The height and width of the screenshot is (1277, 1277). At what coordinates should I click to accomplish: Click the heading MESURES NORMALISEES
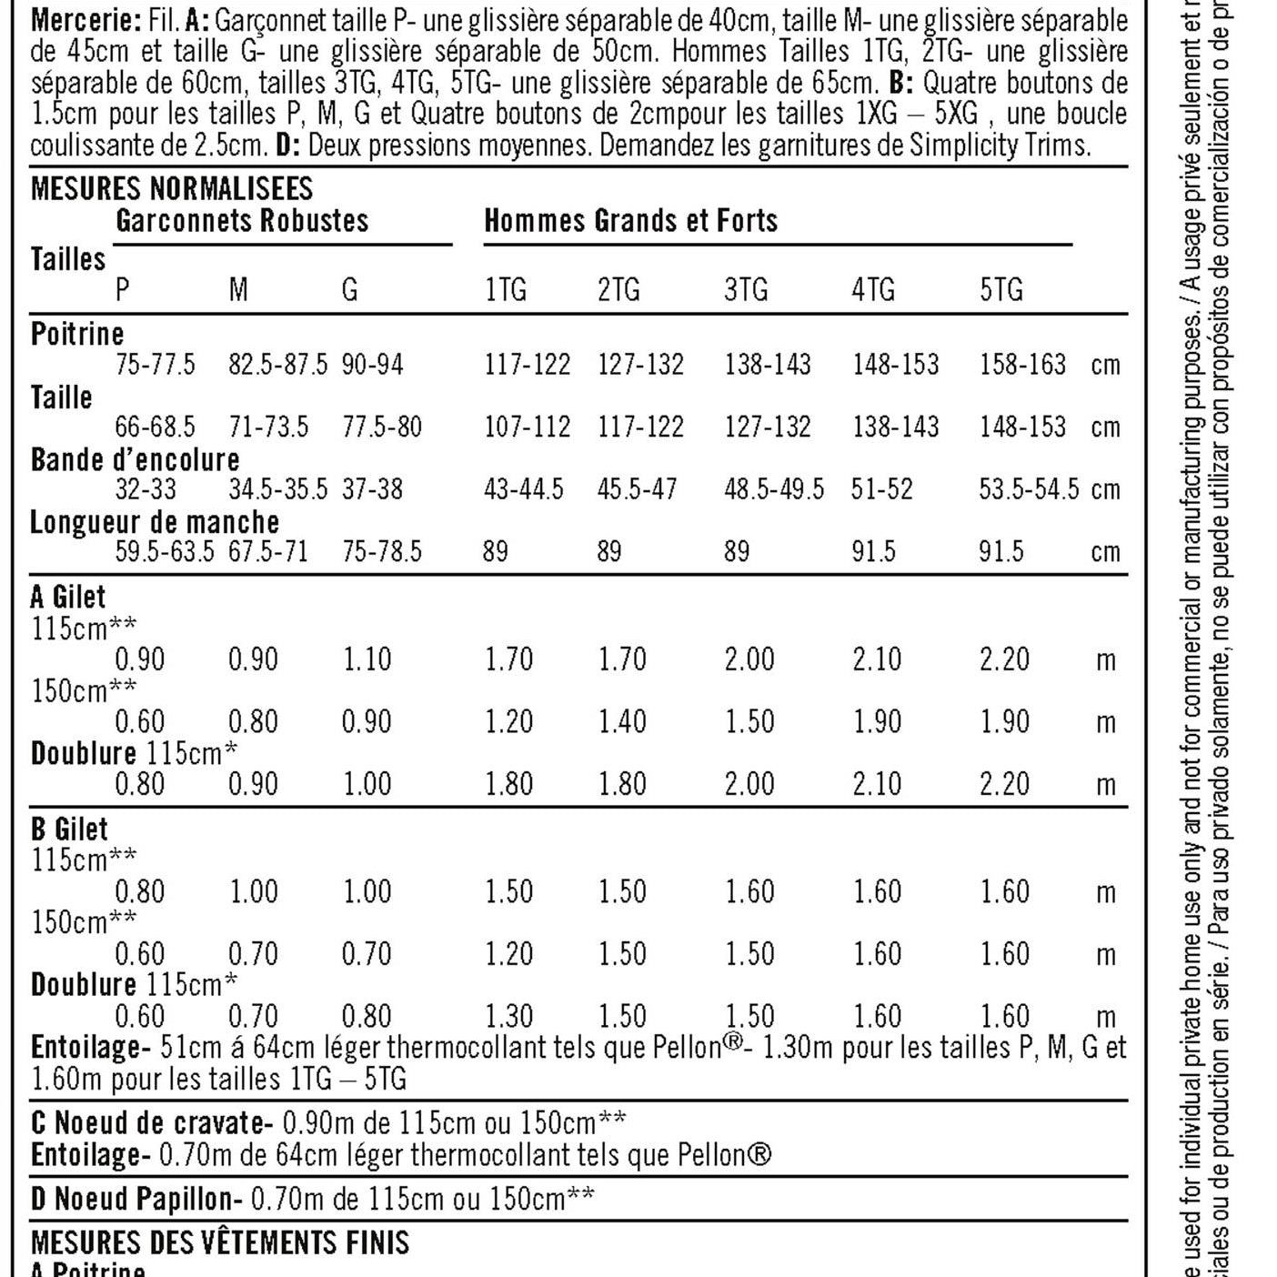coord(171,188)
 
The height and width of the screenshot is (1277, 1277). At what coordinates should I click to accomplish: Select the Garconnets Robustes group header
coord(242,221)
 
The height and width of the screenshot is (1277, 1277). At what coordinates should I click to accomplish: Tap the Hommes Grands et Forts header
coord(630,221)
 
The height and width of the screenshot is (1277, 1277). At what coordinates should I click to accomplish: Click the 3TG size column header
coord(746,290)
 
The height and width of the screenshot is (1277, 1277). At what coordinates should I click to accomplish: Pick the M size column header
coord(237,290)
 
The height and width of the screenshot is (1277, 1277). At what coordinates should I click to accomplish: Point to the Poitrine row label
coord(77,334)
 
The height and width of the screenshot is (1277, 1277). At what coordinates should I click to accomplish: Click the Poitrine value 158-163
coord(1022,365)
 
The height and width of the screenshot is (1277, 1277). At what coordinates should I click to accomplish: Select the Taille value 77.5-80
coord(382,427)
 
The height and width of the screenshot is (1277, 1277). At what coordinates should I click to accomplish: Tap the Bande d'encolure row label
coord(135,459)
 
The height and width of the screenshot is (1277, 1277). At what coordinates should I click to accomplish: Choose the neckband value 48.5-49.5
coord(774,489)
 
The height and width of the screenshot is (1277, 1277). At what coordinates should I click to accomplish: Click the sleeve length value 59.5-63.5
coord(165,551)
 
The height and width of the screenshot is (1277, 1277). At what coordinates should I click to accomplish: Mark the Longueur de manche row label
coord(155,522)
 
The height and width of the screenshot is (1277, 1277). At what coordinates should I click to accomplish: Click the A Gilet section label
coord(68,598)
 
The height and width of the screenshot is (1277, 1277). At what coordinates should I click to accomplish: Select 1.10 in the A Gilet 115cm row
coord(367,659)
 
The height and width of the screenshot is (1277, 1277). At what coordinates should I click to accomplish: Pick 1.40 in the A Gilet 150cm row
coord(622,722)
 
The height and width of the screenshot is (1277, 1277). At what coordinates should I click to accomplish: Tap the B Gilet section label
coord(69,830)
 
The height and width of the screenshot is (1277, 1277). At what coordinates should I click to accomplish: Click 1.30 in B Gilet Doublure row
coord(508,1016)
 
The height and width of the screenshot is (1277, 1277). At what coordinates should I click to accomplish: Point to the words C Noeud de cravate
coord(151,1123)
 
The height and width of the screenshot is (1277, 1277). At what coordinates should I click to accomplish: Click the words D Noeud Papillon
coord(136,1199)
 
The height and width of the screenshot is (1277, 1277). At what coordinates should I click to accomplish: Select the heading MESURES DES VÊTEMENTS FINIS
coord(220,1242)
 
